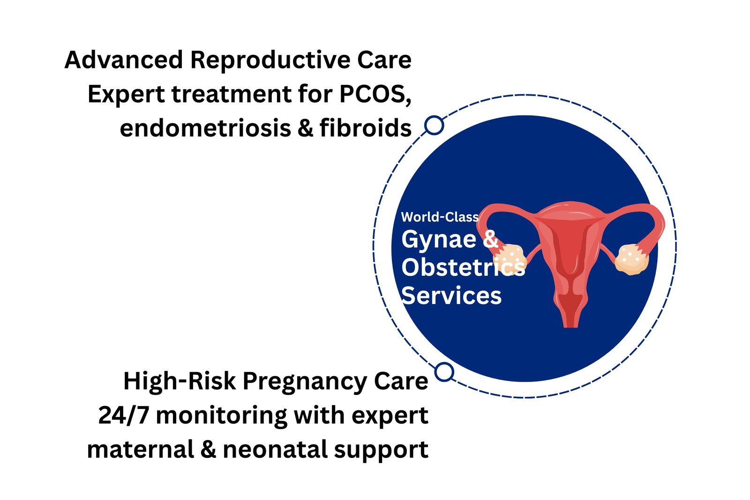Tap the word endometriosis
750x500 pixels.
205,128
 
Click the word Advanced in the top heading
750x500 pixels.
124,60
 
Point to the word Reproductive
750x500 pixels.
270,61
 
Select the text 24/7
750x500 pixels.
123,415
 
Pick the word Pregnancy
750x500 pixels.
305,382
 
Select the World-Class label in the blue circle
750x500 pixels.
440,217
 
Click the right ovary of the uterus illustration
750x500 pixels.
631,259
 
